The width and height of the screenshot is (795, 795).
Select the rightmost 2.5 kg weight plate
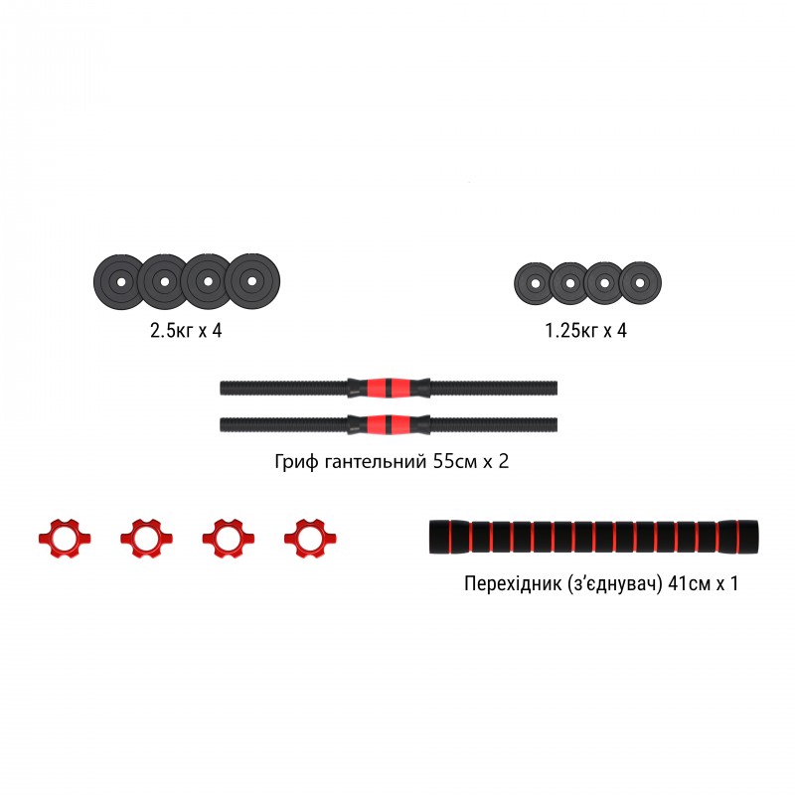(x=253, y=282)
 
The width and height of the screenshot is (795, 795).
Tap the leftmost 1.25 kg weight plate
(x=534, y=284)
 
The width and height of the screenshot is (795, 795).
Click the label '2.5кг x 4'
(x=185, y=330)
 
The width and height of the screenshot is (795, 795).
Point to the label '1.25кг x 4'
(x=585, y=330)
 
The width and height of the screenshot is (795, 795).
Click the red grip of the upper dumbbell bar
(x=389, y=386)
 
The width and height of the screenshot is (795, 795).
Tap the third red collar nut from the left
(x=223, y=538)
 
